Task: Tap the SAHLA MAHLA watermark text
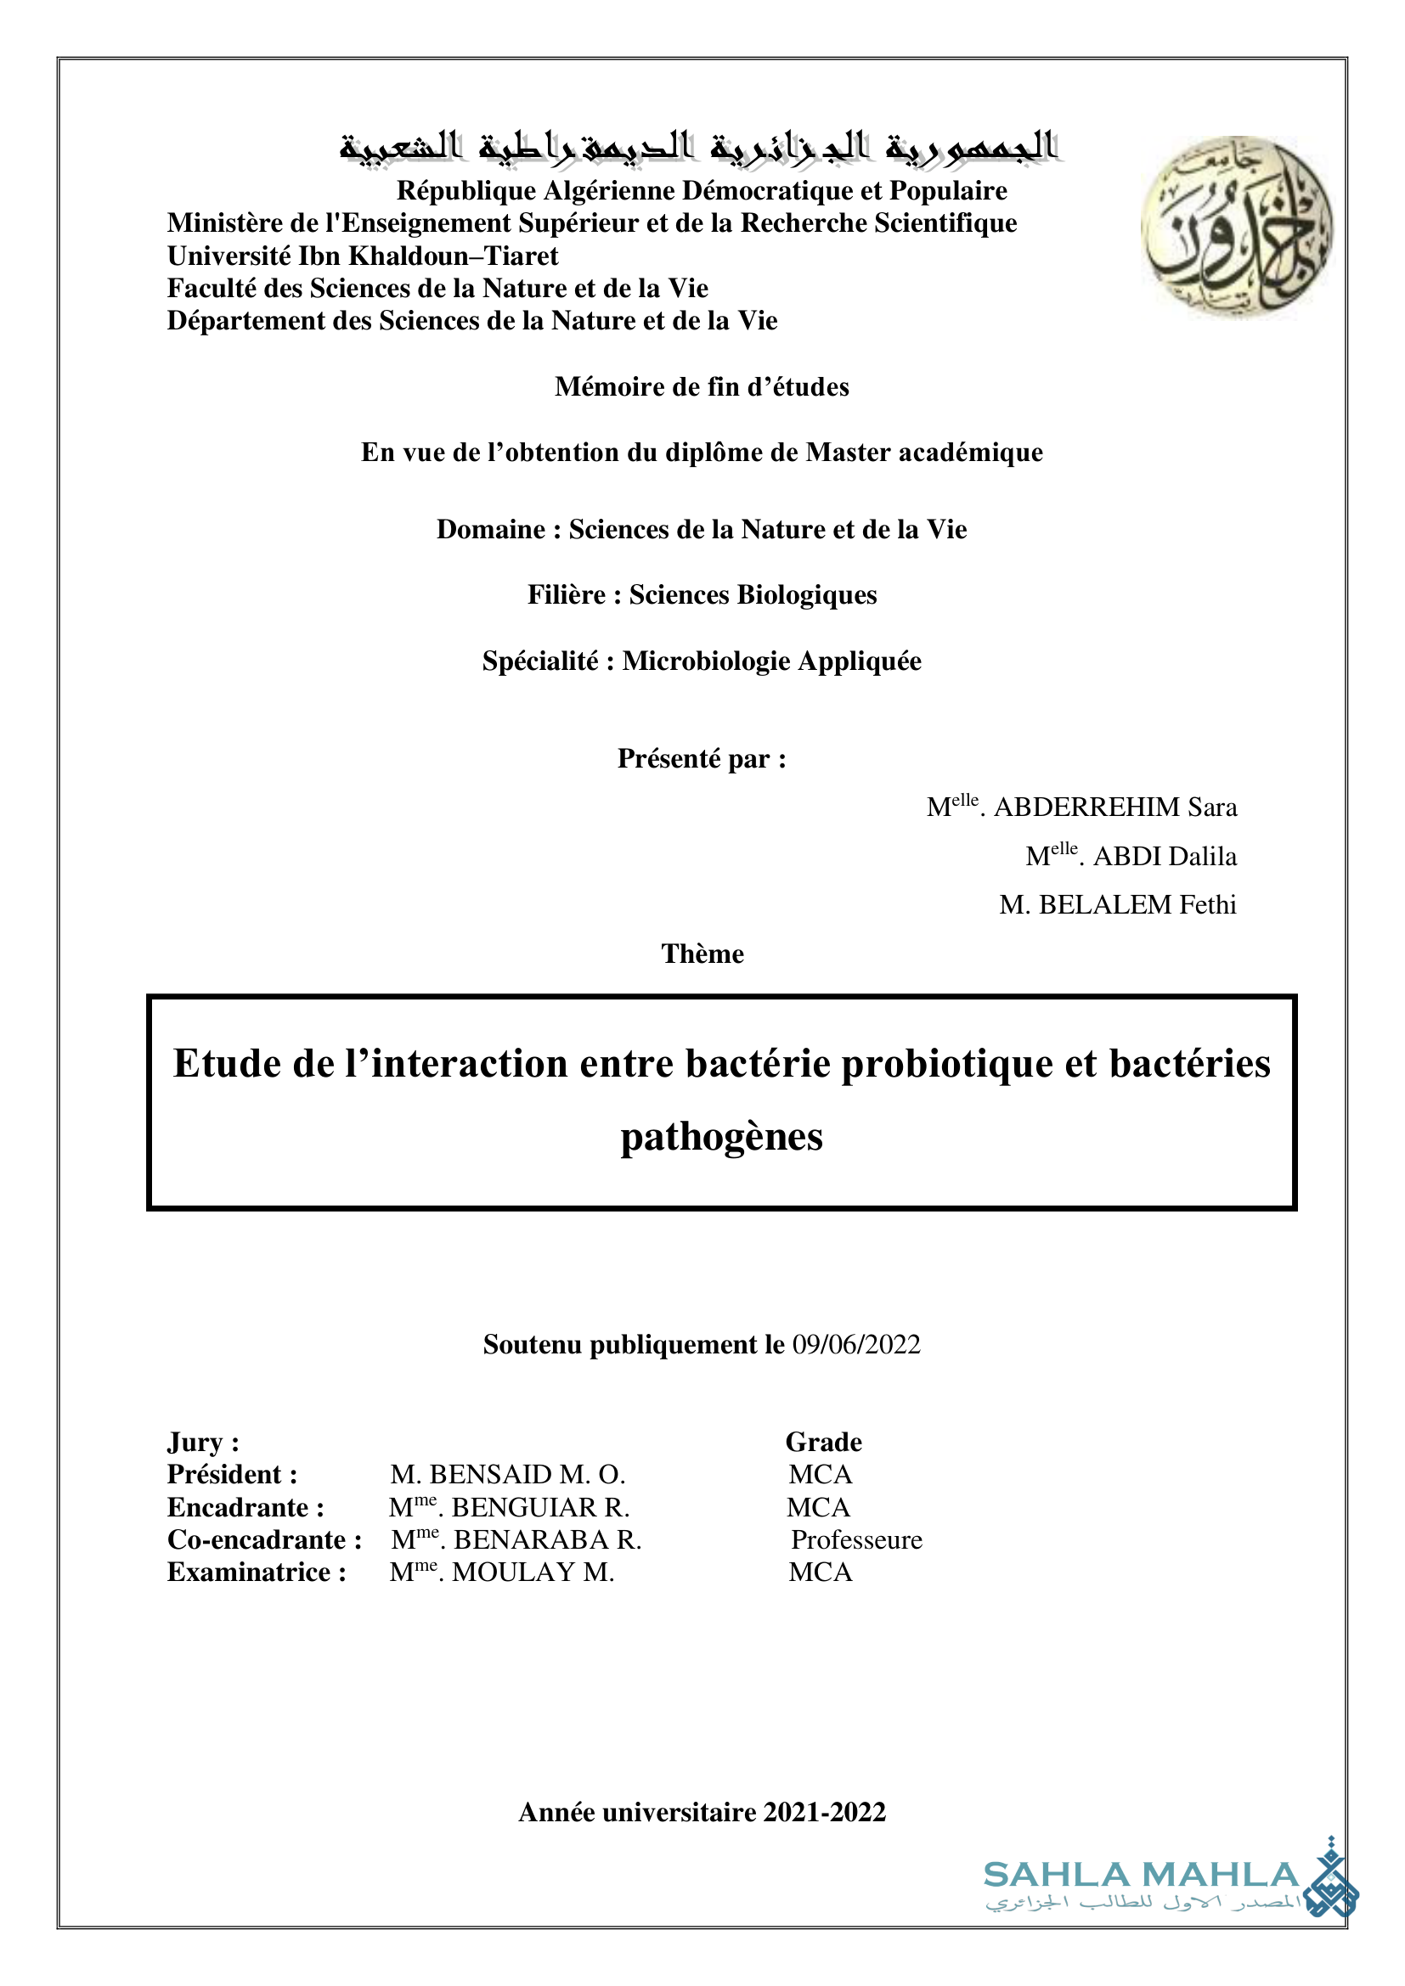[1141, 1875]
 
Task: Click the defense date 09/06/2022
[855, 1344]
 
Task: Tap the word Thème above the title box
[702, 954]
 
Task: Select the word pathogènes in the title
[721, 1137]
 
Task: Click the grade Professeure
[856, 1539]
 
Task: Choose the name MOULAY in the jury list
[514, 1572]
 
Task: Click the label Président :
[232, 1474]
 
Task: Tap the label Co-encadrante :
[264, 1539]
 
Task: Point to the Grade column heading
[824, 1442]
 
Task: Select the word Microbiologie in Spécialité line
[706, 661]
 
